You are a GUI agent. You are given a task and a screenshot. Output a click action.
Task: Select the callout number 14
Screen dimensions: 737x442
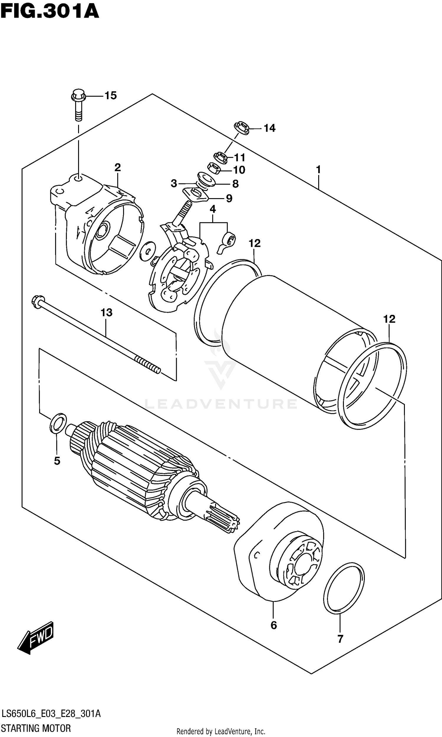pos(270,128)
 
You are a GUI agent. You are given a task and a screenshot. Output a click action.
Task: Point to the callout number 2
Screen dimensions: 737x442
pos(118,168)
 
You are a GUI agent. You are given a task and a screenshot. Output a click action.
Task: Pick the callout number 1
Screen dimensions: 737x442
pos(319,170)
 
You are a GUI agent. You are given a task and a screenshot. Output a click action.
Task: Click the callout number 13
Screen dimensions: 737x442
pos(106,313)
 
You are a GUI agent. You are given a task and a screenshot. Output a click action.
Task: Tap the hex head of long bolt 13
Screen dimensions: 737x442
pos(37,301)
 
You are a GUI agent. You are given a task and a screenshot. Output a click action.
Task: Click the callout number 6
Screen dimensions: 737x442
pos(274,625)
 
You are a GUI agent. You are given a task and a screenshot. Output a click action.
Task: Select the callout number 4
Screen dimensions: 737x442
pos(213,209)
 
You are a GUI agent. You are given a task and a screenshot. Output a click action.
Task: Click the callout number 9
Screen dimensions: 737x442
pos(229,198)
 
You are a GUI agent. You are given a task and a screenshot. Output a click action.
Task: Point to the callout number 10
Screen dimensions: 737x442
pos(239,170)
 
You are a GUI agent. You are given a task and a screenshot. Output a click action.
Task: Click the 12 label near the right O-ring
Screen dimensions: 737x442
pos(389,319)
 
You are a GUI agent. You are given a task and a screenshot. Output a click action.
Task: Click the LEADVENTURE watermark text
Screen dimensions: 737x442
pos(221,404)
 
